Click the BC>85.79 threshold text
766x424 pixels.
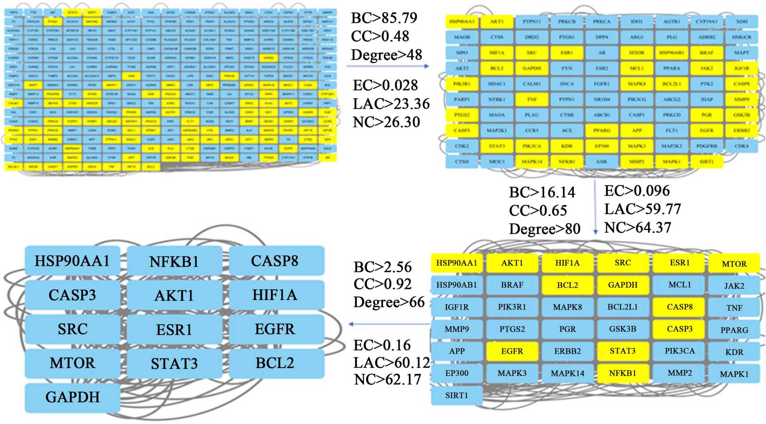click(384, 18)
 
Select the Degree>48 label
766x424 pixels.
click(386, 55)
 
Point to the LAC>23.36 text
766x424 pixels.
click(391, 104)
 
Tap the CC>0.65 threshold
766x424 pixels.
click(538, 210)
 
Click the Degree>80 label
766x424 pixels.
click(544, 229)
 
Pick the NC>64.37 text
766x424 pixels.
click(637, 228)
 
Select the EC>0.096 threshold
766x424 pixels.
click(637, 191)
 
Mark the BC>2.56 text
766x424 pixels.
click(382, 267)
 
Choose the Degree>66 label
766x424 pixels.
click(389, 302)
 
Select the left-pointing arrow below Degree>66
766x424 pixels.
click(389, 325)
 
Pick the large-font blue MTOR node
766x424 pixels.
click(72, 363)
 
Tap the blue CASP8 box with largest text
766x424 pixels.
click(275, 261)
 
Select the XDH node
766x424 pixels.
click(741, 22)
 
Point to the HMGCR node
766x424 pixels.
click(741, 37)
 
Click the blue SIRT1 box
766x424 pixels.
click(457, 396)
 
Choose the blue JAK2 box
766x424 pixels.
click(734, 286)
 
